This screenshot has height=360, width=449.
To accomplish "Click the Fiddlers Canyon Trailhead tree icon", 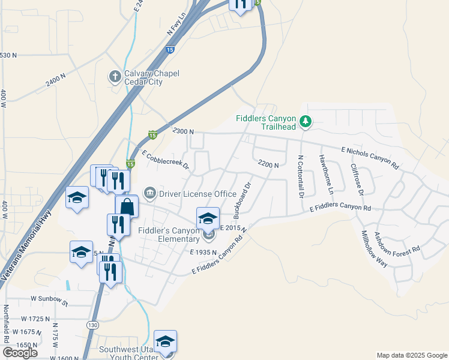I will [306, 122].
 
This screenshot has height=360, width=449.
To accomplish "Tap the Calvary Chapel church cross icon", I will [114, 76].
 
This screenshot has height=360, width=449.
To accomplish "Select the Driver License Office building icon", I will [149, 193].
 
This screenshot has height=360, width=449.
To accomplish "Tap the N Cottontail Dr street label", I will [301, 176].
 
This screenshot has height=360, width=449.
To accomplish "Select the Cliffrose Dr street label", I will [357, 180].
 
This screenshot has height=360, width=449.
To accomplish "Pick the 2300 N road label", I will [182, 131].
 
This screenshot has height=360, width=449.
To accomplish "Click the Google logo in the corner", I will [20, 353].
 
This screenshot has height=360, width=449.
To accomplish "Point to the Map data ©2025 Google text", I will [411, 355].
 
